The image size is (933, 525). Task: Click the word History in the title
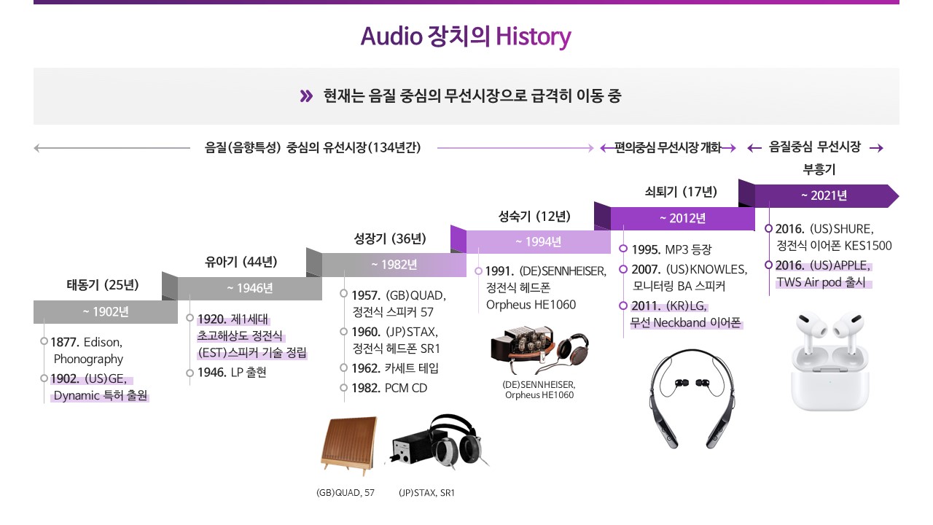coord(533,36)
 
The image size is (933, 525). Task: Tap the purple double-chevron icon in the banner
coord(306,96)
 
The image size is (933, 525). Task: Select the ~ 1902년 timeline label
coord(106,311)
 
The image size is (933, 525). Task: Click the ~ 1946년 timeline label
coord(250,288)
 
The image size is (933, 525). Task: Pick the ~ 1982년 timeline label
coord(394,265)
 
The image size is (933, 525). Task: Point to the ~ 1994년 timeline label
coord(538,241)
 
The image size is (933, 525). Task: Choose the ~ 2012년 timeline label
coord(683,218)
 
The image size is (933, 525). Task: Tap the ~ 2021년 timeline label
coord(824,195)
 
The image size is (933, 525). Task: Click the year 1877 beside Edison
coord(65,343)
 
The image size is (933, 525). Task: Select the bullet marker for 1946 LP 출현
coord(190,373)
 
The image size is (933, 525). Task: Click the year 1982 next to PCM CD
coord(366,389)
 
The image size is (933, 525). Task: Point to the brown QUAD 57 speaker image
coord(349,446)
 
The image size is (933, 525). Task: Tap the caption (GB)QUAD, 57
coord(346,493)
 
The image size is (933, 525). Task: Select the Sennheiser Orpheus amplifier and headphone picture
coord(539,350)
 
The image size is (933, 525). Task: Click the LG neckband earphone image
coord(692,399)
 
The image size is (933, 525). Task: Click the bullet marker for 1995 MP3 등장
coord(623,249)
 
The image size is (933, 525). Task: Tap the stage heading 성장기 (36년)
coord(390,238)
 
